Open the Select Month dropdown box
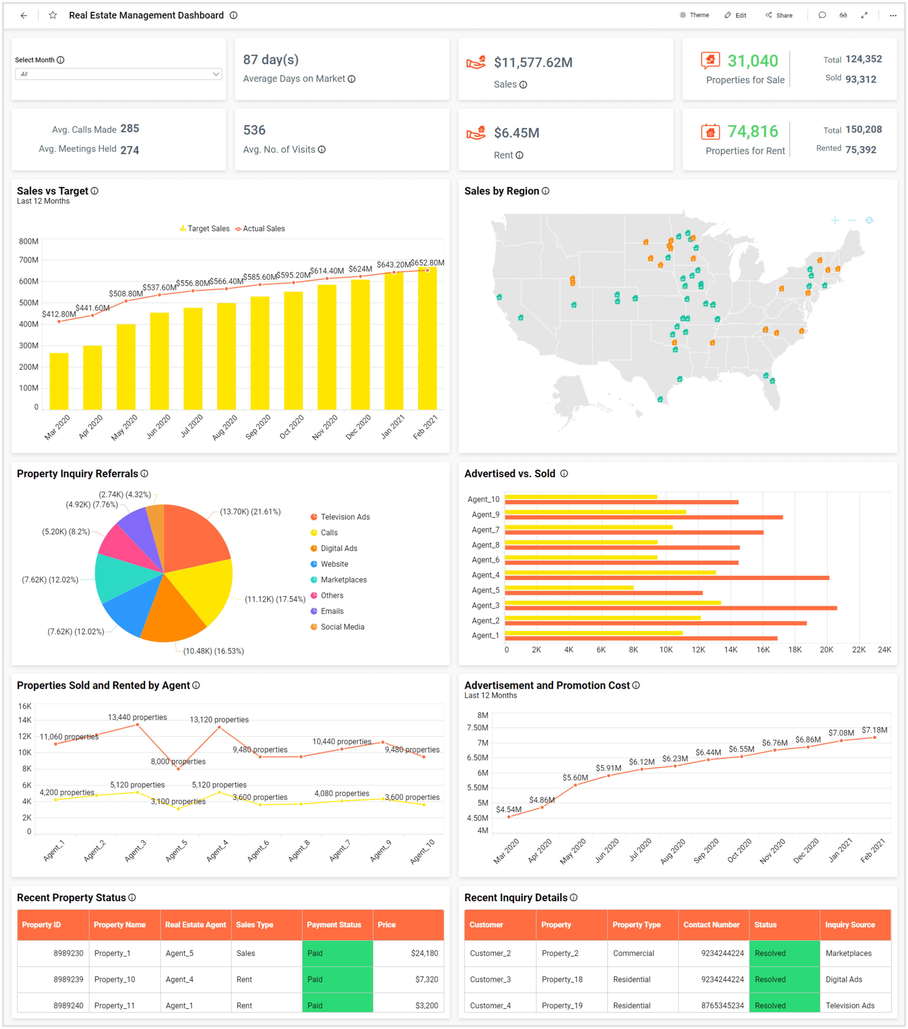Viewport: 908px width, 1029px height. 118,74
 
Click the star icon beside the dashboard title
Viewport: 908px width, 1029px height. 53,15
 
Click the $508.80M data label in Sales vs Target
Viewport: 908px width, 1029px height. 126,293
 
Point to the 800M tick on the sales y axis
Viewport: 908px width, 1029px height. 29,241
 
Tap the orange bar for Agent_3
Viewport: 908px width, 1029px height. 671,608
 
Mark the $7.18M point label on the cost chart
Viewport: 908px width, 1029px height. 874,730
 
